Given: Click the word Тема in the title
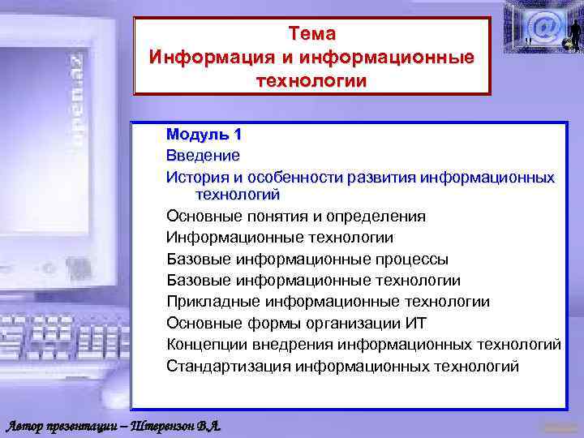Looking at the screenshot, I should click(311, 34).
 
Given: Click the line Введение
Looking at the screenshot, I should click(203, 155).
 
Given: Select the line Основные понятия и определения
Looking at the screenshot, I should click(295, 217).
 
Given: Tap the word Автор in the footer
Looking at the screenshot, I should click(28, 426).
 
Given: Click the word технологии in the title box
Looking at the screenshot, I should click(311, 81).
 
